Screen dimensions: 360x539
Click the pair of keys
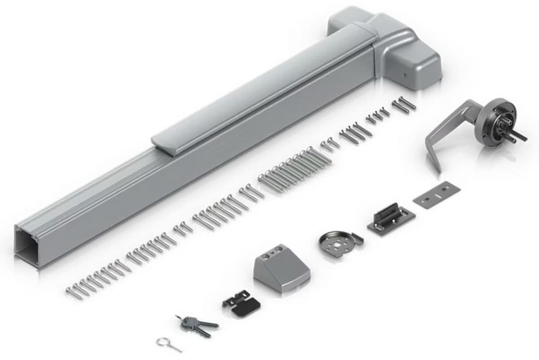click(197, 324)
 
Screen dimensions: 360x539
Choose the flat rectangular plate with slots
click(436, 194)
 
